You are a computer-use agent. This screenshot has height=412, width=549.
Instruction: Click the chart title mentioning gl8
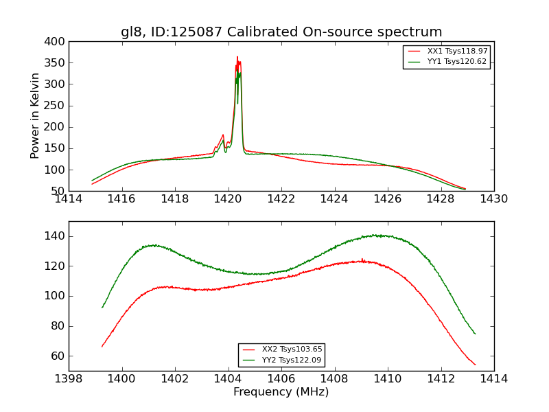[281, 32]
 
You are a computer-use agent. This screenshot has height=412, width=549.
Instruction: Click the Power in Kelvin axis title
[36, 116]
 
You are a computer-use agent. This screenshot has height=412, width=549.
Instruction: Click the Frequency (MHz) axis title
[281, 392]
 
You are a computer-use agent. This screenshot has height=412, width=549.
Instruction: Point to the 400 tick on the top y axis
[56, 41]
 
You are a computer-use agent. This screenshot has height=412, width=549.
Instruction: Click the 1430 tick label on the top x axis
[493, 199]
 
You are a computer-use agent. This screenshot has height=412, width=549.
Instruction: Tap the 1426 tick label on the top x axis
[387, 199]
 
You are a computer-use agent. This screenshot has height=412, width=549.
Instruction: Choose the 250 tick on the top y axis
[56, 106]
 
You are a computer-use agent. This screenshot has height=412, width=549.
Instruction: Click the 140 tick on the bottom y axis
[56, 236]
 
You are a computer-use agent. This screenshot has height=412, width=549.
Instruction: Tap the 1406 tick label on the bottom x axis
[281, 379]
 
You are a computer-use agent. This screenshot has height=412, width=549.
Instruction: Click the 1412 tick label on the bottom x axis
[441, 379]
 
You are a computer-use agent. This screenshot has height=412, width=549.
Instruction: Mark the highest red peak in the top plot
[237, 57]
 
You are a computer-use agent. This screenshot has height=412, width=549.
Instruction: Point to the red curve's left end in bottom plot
[102, 346]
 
